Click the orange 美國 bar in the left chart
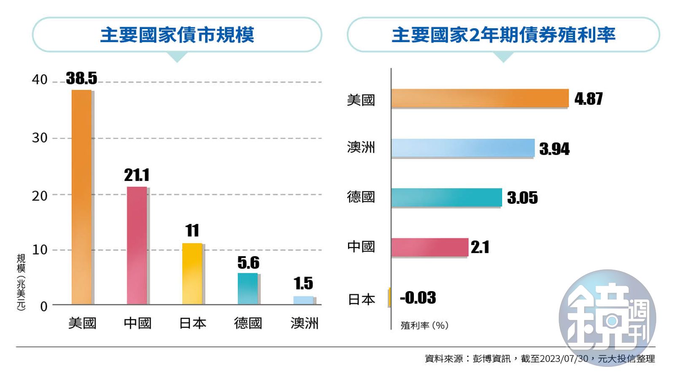coord(81,197)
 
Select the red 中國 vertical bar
coord(137,245)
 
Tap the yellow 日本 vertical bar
coord(192,273)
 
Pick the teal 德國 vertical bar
coord(248,289)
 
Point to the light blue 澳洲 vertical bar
coord(303,300)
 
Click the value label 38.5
coord(81,78)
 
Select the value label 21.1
coord(137,175)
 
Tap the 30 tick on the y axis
coord(40,138)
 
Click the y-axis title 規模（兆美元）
coord(21,282)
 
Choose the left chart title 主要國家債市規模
coord(177,35)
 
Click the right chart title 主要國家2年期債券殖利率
coord(503,35)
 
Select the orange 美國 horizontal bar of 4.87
coord(480,98)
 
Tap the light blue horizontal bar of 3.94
coord(463,148)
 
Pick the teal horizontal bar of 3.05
coord(446,197)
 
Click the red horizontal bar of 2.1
coord(429,247)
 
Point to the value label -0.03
coord(418,297)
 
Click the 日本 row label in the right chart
coord(362,300)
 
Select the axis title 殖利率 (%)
coord(424,325)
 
